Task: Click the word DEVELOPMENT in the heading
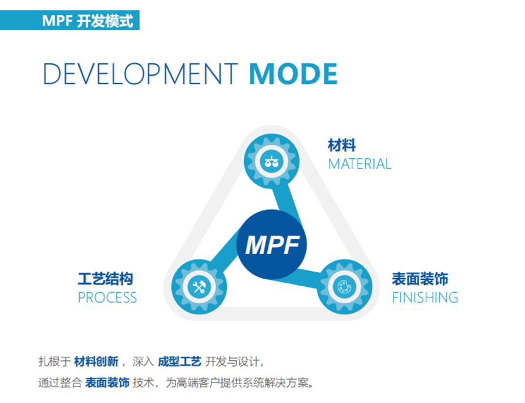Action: point(140,73)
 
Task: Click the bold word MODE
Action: point(293,73)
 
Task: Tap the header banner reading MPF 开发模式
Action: point(70,20)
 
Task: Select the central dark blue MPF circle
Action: point(271,245)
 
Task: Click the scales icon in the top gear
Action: point(271,162)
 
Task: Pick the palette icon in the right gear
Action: point(345,287)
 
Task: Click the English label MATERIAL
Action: point(359,164)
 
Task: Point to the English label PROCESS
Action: point(107,297)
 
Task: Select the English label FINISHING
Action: point(425,297)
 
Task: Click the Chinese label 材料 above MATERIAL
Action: point(342,145)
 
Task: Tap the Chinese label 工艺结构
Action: point(106,279)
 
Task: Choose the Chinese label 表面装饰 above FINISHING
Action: point(420,279)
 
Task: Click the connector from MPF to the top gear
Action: point(285,200)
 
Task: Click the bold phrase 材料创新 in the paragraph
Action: point(96,361)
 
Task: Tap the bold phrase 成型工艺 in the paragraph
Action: point(180,361)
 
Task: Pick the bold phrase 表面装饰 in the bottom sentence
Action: point(107,382)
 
